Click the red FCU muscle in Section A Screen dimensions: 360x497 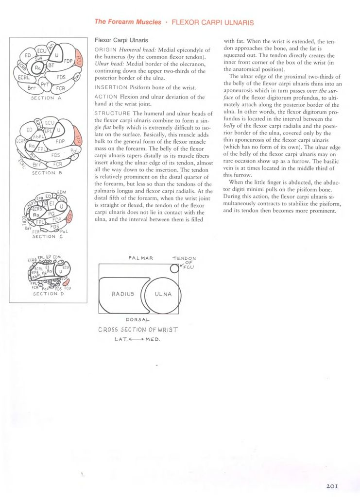79,59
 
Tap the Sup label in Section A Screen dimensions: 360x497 39,59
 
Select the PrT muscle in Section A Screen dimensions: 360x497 45,85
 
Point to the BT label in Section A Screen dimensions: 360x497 51,66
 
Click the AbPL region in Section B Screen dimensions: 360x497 38,137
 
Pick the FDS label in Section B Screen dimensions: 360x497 55,155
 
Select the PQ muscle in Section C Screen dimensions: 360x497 51,214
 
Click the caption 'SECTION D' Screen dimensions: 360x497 48,294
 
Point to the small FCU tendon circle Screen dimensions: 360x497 174,269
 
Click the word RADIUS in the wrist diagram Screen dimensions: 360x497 123,294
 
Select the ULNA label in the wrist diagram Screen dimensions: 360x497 163,294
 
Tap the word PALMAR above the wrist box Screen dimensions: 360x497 141,258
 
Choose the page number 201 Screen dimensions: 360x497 332,486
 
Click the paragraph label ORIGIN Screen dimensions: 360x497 105,50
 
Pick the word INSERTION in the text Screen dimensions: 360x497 111,87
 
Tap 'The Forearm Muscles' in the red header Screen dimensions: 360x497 128,22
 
